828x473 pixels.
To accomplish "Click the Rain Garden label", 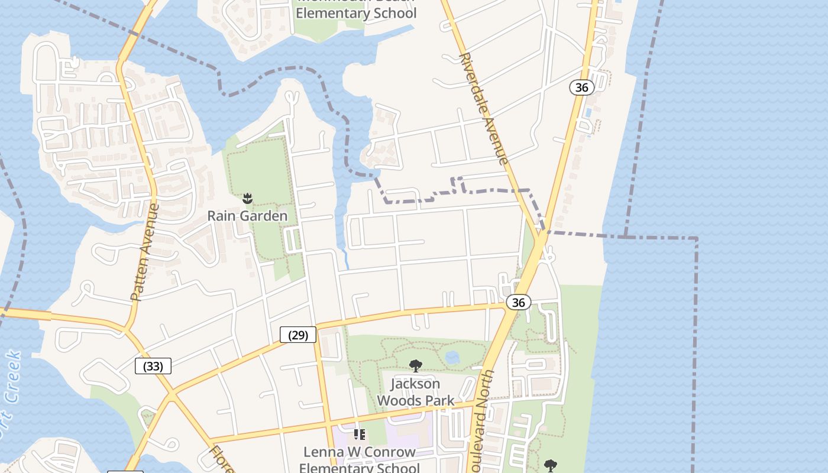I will (247, 216).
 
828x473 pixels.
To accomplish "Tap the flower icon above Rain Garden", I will (248, 198).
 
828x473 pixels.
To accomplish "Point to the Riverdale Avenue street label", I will (483, 109).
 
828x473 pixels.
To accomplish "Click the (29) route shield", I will (298, 335).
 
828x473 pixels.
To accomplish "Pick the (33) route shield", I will (153, 367).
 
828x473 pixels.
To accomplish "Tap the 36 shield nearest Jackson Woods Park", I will (518, 303).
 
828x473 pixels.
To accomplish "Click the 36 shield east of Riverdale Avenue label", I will (582, 88).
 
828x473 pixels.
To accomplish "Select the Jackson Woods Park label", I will (416, 392).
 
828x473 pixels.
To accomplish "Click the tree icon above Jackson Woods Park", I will (416, 366).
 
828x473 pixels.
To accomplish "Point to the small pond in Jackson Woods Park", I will (452, 357).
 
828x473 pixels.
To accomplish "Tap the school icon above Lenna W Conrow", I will (359, 435).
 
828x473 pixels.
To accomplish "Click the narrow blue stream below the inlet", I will (345, 258).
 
